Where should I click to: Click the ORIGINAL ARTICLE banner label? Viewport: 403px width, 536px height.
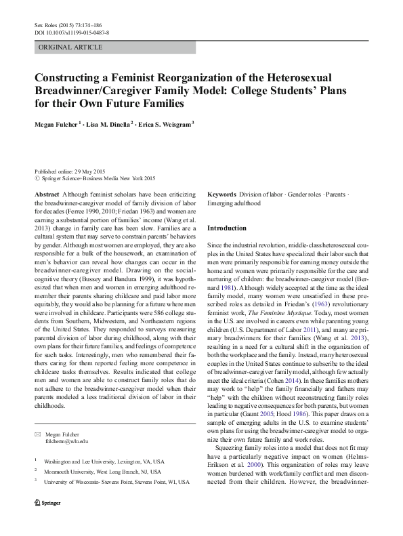coord(70,47)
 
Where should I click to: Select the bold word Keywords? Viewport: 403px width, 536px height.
coord(221,194)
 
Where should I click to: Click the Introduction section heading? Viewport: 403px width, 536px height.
coord(227,228)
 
